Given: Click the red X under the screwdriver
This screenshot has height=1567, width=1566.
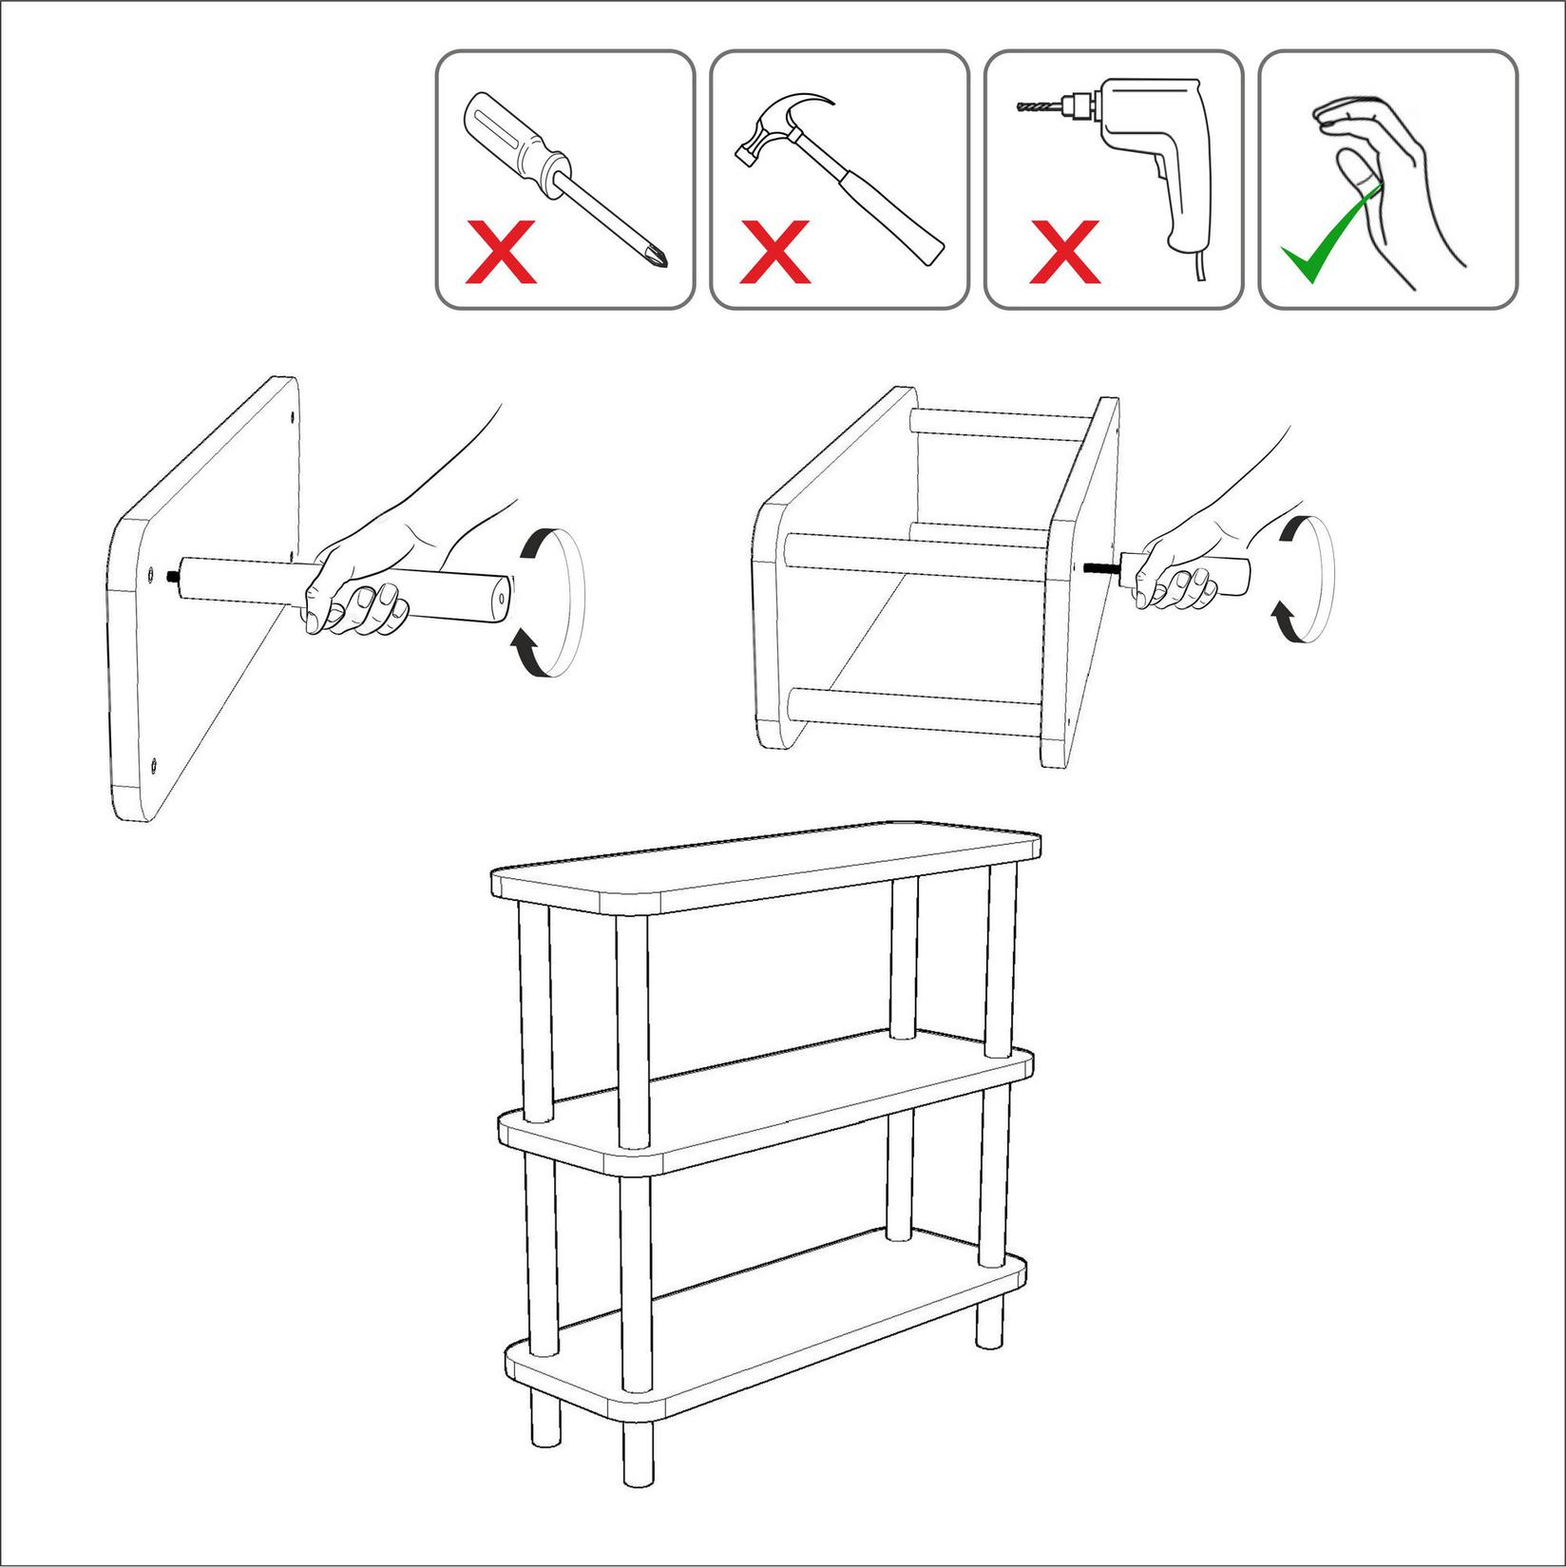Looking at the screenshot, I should pos(501,254).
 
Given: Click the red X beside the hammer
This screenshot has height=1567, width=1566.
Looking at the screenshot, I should pos(775,254).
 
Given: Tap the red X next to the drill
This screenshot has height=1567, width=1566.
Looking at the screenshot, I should pos(1064,254).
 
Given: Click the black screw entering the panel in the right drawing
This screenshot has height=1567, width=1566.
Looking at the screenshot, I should pos(1100,566).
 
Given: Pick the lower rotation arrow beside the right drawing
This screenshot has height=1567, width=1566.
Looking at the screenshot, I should pos(1284,623).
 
